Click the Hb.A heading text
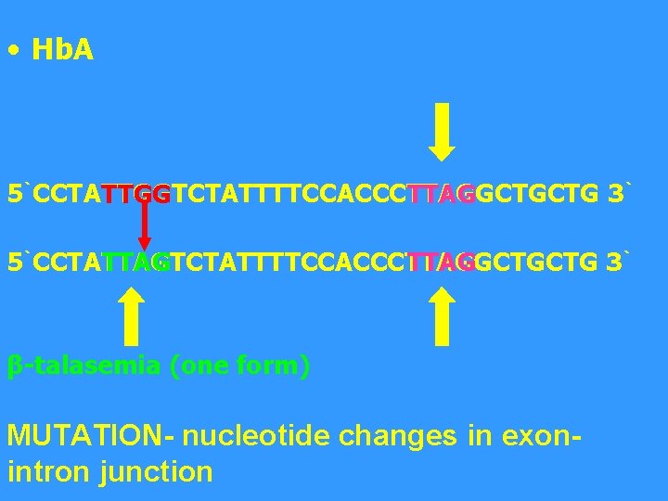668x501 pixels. point(62,51)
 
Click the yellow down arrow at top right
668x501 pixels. point(443,131)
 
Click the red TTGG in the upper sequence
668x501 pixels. point(136,196)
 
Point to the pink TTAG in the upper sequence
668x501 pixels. point(441,196)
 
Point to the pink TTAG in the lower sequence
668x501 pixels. point(441,263)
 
